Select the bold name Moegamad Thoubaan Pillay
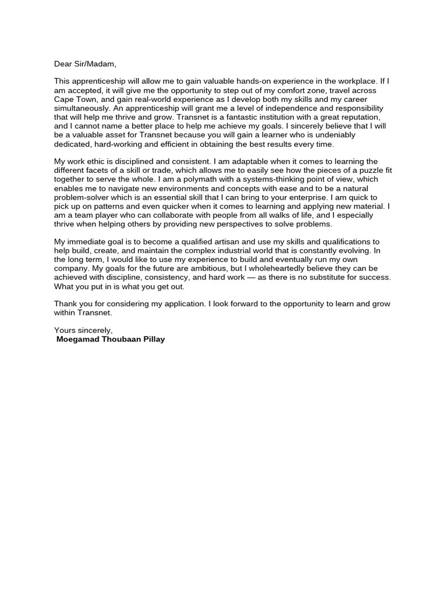pos(111,339)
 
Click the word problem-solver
pos(83,197)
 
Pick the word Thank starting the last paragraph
pos(66,304)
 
